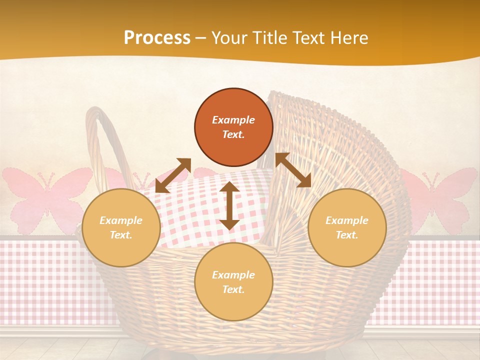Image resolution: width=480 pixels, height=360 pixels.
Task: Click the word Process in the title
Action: (x=157, y=38)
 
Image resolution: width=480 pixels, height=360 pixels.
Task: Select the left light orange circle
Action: (x=121, y=227)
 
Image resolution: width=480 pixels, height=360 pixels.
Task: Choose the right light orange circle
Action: (x=347, y=227)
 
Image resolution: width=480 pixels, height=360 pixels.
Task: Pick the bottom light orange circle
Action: (x=233, y=282)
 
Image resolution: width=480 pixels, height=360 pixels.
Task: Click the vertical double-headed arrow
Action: (x=229, y=205)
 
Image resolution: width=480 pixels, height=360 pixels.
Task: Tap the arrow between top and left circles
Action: (x=173, y=175)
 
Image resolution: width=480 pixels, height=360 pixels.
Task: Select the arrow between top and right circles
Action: (x=293, y=170)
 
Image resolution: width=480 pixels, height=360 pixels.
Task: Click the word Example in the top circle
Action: (x=233, y=120)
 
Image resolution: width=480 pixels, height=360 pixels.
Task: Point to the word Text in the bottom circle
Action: (x=233, y=289)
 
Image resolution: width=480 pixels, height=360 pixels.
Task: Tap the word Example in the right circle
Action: (x=347, y=220)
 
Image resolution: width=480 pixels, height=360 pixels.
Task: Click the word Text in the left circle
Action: (x=121, y=235)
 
